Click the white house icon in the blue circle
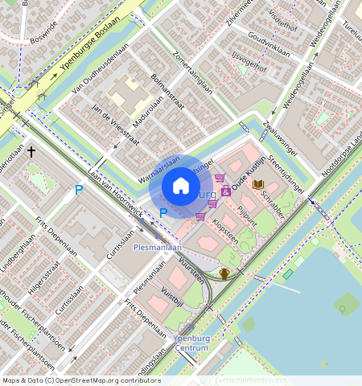point(181,186)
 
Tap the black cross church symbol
point(32,151)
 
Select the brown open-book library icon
point(257,185)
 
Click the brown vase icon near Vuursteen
point(224,273)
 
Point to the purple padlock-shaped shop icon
point(226,191)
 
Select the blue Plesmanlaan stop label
point(158,248)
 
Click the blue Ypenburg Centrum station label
point(191,343)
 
